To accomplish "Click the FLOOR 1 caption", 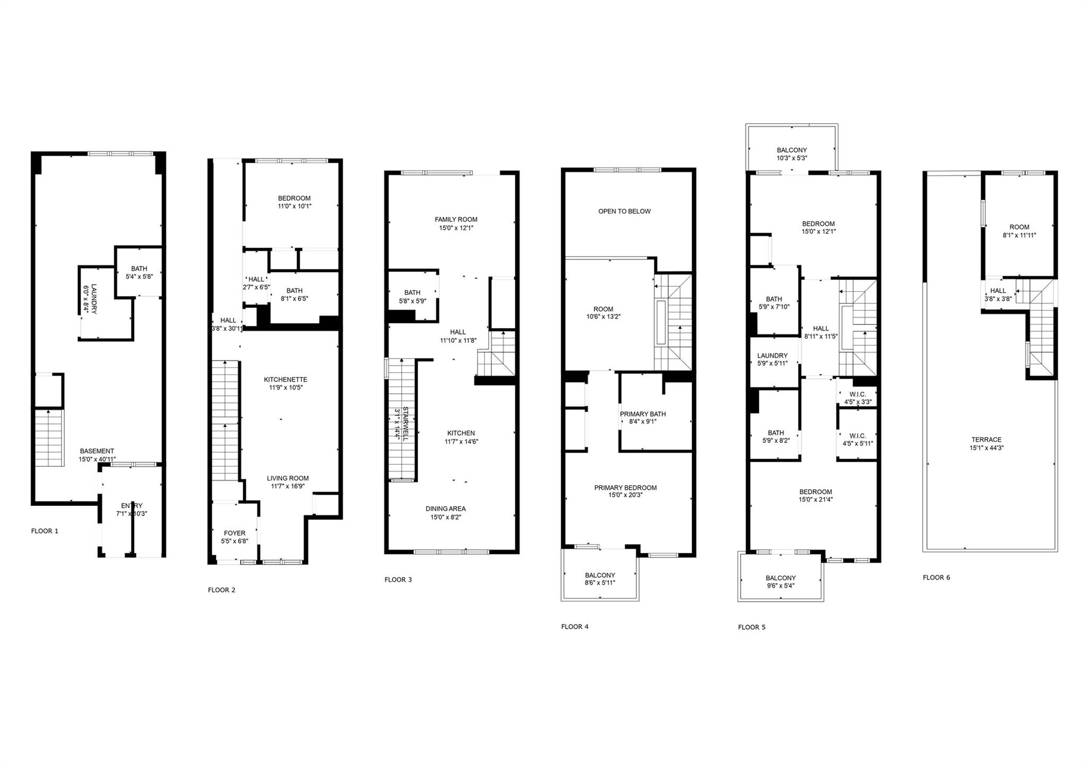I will pyautogui.click(x=45, y=531).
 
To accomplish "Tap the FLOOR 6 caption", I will pyautogui.click(x=937, y=577).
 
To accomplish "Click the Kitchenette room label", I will pyautogui.click(x=285, y=380).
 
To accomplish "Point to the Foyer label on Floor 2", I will pyautogui.click(x=234, y=533).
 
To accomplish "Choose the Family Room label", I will pyautogui.click(x=456, y=219).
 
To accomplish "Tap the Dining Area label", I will pyautogui.click(x=445, y=509).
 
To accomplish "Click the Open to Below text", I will pyautogui.click(x=624, y=211).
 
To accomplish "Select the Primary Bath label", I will pyautogui.click(x=642, y=414).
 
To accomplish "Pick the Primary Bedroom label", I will pyautogui.click(x=625, y=488).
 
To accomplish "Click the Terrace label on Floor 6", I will pyautogui.click(x=986, y=440).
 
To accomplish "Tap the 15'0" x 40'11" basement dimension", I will pyautogui.click(x=97, y=459).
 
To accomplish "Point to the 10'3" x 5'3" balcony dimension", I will pyautogui.click(x=792, y=158).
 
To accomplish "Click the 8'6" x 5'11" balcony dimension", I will pyautogui.click(x=600, y=583).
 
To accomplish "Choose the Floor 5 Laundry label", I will pyautogui.click(x=772, y=356).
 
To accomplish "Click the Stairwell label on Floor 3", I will pyautogui.click(x=405, y=423).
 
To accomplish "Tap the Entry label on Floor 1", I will pyautogui.click(x=132, y=506).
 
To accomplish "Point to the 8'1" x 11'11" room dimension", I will pyautogui.click(x=1019, y=235).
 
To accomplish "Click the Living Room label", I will pyautogui.click(x=287, y=478).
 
